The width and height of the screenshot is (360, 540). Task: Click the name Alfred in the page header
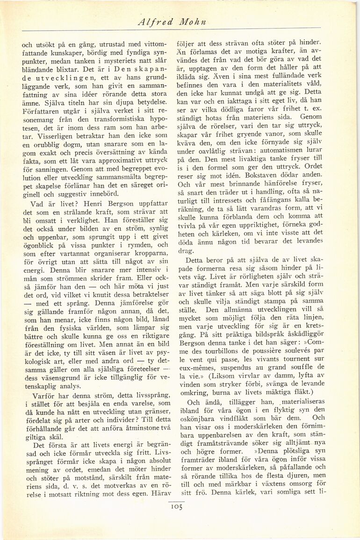click(157, 22)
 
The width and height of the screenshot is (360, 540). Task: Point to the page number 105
click(176, 506)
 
